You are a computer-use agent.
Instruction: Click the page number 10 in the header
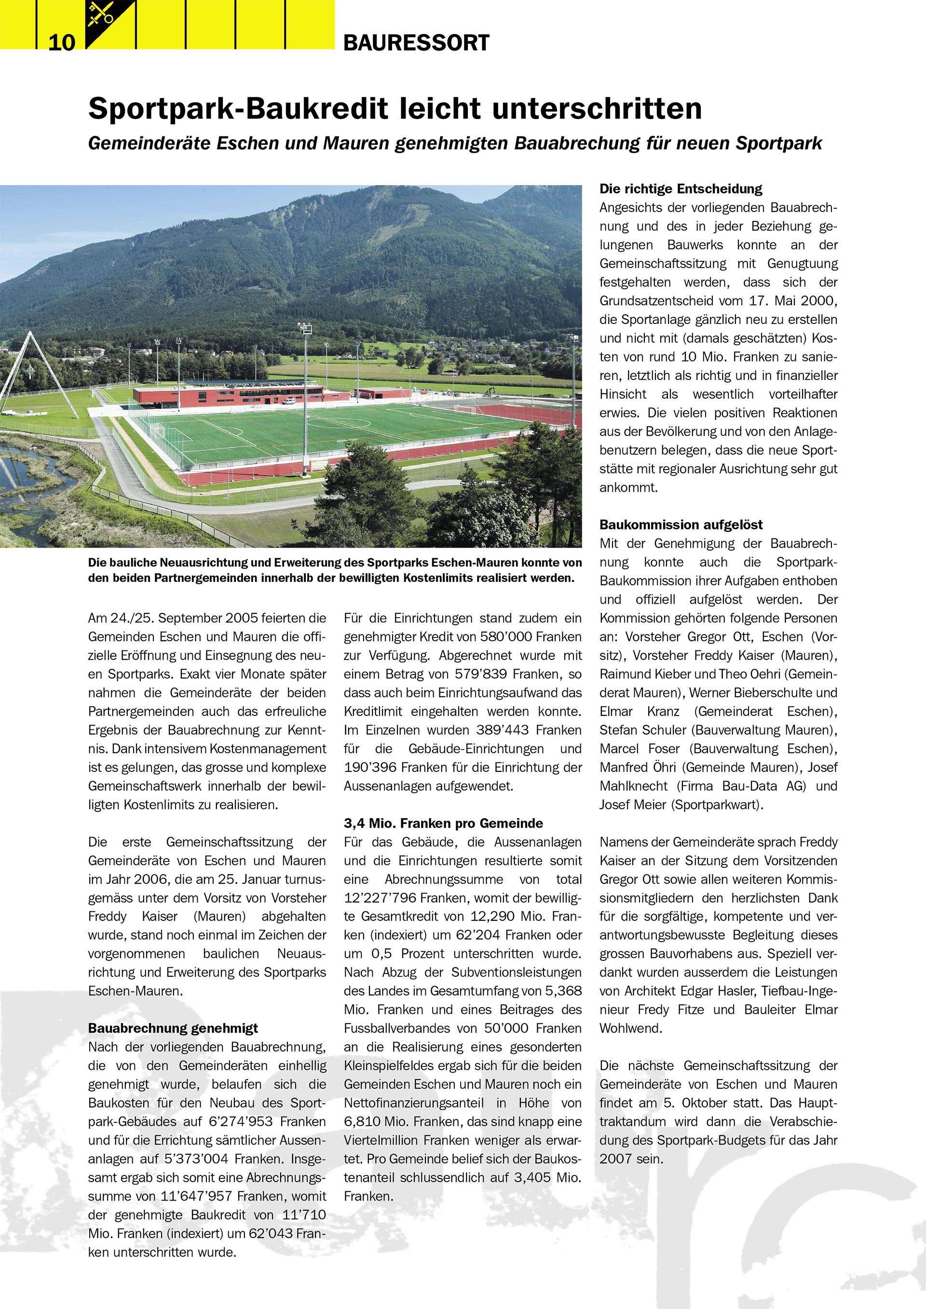(x=62, y=42)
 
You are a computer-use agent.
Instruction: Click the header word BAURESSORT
(x=416, y=43)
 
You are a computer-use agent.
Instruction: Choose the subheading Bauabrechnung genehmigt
(x=173, y=1028)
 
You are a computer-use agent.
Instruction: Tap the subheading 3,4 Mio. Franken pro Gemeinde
(x=443, y=823)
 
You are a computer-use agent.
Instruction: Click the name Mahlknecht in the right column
(x=633, y=786)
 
